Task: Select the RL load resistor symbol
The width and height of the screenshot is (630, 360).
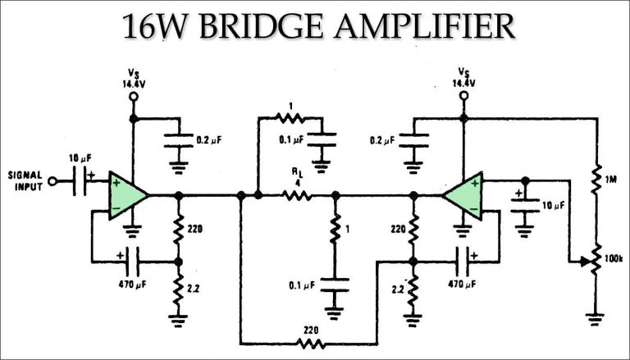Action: point(295,196)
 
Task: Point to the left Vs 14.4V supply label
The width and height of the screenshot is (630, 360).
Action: point(132,78)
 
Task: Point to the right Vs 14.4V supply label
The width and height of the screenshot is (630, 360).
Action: point(463,78)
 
